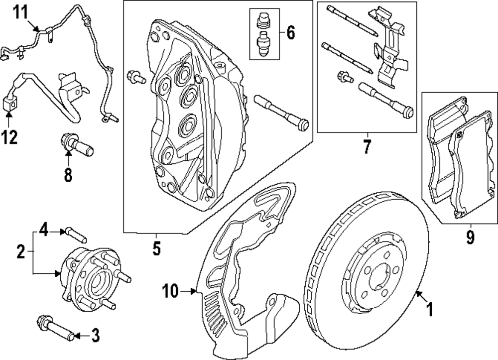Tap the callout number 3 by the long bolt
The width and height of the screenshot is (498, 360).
(x=94, y=336)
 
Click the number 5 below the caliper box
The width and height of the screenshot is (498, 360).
(x=156, y=248)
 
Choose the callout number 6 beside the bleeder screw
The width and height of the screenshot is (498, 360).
(x=290, y=33)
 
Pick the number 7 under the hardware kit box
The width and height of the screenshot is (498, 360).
(x=367, y=148)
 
